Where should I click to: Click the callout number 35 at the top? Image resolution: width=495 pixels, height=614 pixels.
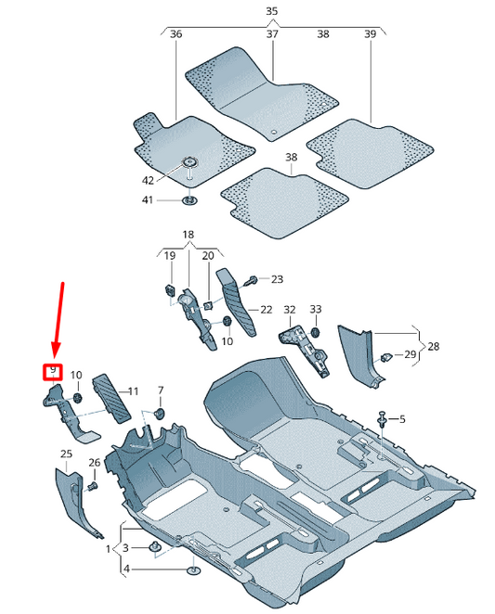(x=271, y=12)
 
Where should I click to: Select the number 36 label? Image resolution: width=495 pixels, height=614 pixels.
(x=176, y=34)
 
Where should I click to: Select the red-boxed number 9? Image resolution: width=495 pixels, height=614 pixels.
(x=54, y=372)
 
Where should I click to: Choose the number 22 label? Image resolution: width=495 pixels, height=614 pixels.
(x=266, y=310)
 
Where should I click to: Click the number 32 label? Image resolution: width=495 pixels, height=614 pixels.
(x=289, y=310)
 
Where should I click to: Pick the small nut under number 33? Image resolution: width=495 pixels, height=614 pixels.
(x=314, y=331)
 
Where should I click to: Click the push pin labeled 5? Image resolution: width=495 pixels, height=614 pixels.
(x=383, y=420)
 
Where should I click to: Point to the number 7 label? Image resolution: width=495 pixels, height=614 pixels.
(x=159, y=390)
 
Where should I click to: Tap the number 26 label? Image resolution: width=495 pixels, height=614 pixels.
(x=94, y=463)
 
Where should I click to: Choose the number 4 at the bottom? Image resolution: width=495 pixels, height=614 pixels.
(x=127, y=568)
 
